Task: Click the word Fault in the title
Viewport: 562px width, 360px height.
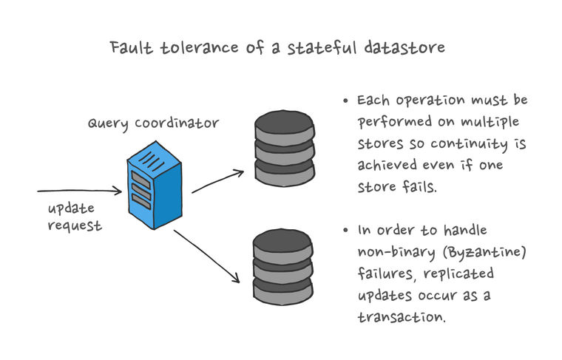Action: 131,47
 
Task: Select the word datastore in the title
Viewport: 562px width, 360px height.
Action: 404,47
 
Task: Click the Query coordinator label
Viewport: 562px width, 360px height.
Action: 153,123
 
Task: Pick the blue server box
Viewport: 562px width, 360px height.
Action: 155,185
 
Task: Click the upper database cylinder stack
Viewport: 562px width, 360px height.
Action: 285,149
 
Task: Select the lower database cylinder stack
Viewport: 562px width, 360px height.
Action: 282,267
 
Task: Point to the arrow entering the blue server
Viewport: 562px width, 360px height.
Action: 80,191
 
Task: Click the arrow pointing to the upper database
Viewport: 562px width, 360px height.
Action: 218,181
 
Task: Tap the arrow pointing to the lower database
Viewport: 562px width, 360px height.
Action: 207,256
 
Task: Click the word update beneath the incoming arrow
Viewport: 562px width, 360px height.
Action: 71,209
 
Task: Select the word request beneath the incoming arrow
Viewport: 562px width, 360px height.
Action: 75,225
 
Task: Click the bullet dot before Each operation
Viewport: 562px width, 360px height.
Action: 345,101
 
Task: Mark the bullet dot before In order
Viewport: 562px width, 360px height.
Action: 345,230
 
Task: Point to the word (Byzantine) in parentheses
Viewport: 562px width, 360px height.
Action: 484,252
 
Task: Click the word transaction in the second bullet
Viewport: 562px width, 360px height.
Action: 402,317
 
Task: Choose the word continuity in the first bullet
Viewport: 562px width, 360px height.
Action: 469,144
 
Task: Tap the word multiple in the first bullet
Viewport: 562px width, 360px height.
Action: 490,122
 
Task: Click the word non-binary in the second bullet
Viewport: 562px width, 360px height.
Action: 396,252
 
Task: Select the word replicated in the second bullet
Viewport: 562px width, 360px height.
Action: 458,274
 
